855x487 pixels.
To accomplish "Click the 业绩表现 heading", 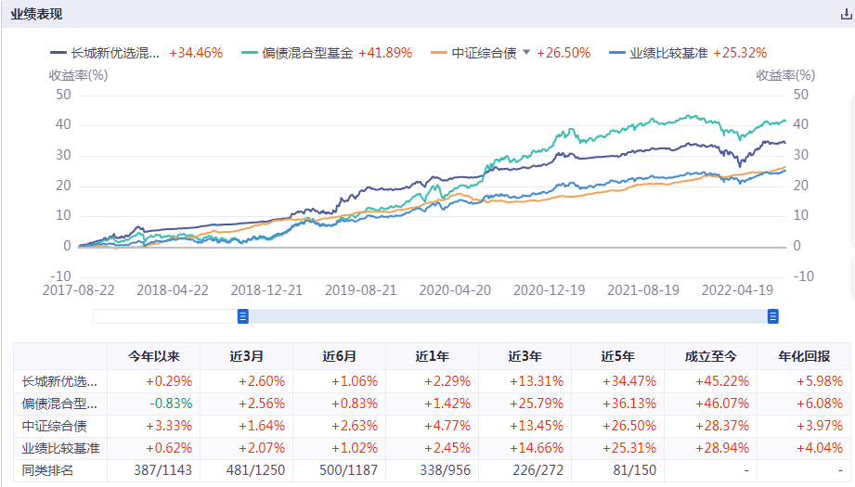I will [x=37, y=13].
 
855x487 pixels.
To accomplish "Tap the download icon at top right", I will [x=845, y=14].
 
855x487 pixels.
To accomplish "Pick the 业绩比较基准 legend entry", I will [x=667, y=53].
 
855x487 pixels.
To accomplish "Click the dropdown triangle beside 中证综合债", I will [x=526, y=53].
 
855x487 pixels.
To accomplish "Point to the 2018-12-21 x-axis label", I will [x=267, y=289].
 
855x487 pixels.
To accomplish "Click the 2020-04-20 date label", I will [x=456, y=289].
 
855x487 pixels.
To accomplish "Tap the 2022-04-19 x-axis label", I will [x=737, y=289].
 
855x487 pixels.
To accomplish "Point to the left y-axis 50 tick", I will [x=63, y=94].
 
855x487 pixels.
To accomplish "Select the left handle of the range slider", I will [x=243, y=316].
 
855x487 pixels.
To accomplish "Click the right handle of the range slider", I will [x=772, y=316].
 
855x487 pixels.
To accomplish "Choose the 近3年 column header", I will [x=525, y=355].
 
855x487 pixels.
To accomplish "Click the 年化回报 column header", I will [x=804, y=355].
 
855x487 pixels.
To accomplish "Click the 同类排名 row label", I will [x=48, y=470].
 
